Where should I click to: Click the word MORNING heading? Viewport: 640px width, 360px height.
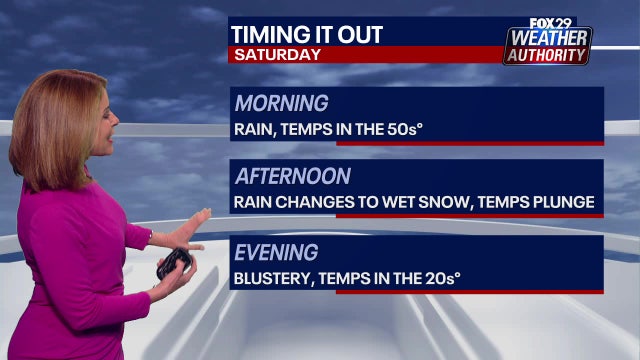click(x=281, y=104)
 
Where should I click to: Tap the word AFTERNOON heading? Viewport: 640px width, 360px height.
click(x=293, y=177)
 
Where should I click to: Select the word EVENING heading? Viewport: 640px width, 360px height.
click(x=277, y=252)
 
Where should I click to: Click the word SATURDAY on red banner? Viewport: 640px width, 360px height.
click(x=278, y=54)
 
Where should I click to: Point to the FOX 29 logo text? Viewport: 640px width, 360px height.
click(x=547, y=23)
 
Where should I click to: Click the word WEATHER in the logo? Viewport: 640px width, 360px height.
click(x=548, y=39)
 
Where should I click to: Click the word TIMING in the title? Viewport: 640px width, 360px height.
click(x=265, y=34)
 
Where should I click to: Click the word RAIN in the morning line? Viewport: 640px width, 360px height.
click(x=254, y=128)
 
